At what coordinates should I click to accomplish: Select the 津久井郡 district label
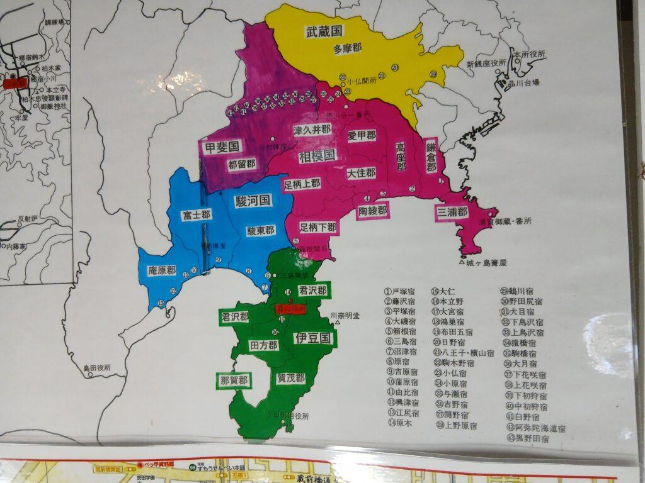coord(312,130)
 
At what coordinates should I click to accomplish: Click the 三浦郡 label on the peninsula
coord(453,212)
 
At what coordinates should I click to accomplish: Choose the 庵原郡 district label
coord(162,270)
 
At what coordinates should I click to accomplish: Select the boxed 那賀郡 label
coord(233,380)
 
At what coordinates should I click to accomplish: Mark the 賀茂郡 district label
coord(291,378)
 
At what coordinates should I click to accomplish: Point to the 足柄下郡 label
coord(318,227)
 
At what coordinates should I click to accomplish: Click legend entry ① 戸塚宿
coord(400,292)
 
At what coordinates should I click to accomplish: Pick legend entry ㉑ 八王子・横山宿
coord(462,353)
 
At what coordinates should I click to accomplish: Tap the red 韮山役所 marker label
coord(290,309)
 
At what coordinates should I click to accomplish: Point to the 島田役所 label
coord(97,367)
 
